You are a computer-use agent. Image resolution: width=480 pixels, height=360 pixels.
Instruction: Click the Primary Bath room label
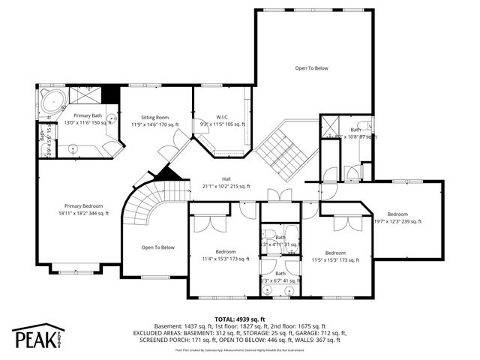click(87, 115)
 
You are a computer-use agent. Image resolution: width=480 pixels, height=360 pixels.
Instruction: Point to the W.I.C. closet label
click(222, 117)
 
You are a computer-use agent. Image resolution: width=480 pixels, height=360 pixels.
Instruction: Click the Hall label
click(226, 179)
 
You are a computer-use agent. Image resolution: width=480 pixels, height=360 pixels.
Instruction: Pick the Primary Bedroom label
click(83, 206)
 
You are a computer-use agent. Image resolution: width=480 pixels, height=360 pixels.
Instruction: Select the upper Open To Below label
click(311, 68)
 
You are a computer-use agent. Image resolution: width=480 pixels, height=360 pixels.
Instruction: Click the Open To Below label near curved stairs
click(157, 247)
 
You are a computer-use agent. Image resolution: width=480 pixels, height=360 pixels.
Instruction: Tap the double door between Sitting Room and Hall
click(169, 148)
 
